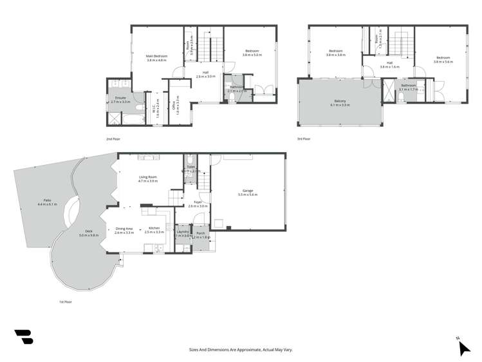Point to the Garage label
pyautogui.click(x=247, y=191)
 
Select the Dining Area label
pyautogui.click(x=124, y=229)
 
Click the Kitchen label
pyautogui.click(x=154, y=229)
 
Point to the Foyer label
pyautogui.click(x=198, y=202)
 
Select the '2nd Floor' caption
pyautogui.click(x=113, y=138)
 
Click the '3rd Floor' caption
pyautogui.click(x=303, y=138)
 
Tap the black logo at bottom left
pyautogui.click(x=24, y=336)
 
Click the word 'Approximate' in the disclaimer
pyautogui.click(x=243, y=350)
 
